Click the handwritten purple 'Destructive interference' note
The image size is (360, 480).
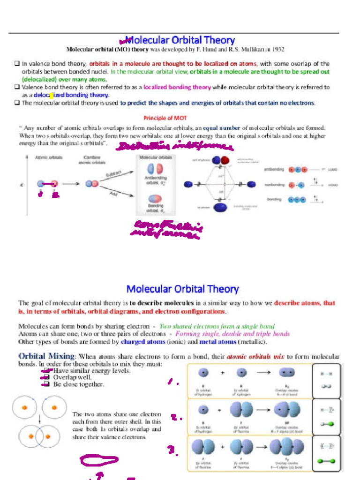(175, 147)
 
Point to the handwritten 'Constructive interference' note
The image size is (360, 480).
(167, 229)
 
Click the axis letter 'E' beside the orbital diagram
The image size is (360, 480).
(22, 185)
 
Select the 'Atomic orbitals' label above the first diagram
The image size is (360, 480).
(49, 157)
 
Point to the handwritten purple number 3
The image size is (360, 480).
(172, 450)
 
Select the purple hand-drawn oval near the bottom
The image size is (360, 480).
(99, 461)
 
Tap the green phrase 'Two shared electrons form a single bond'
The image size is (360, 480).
(217, 326)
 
